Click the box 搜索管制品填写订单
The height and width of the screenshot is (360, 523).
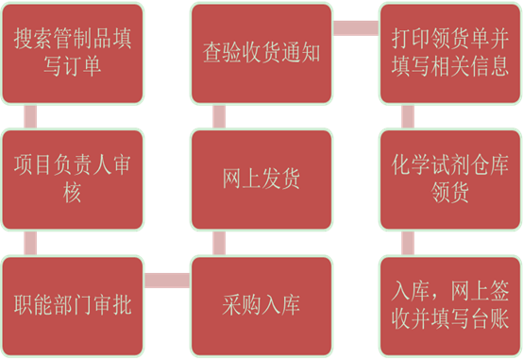tap(73, 54)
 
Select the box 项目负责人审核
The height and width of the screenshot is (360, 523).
tap(73, 180)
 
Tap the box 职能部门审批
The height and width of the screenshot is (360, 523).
tap(73, 306)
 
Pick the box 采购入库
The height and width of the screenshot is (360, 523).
tap(261, 306)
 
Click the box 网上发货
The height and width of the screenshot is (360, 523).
tap(261, 180)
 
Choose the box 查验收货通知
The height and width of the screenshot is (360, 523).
tap(261, 54)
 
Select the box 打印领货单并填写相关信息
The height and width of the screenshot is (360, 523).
tap(450, 54)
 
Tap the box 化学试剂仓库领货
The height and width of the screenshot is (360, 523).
tap(450, 180)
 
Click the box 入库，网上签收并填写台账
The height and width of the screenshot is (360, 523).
tap(450, 306)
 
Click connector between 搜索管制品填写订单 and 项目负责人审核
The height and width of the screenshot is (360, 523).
tap(30, 116)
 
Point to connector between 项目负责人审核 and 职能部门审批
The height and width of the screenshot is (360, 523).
tap(30, 243)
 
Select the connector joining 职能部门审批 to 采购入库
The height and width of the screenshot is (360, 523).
tap(167, 281)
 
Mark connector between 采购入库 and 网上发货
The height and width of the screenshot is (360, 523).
tap(219, 243)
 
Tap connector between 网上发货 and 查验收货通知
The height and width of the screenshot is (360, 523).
tap(219, 116)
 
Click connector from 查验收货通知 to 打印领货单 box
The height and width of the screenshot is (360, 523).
tap(356, 28)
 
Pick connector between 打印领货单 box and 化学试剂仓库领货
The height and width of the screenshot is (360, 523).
tap(408, 116)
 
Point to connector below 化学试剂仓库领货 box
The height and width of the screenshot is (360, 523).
tap(408, 243)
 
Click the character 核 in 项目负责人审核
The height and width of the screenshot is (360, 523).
tap(72, 193)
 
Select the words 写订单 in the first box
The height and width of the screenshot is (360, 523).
tap(73, 66)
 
